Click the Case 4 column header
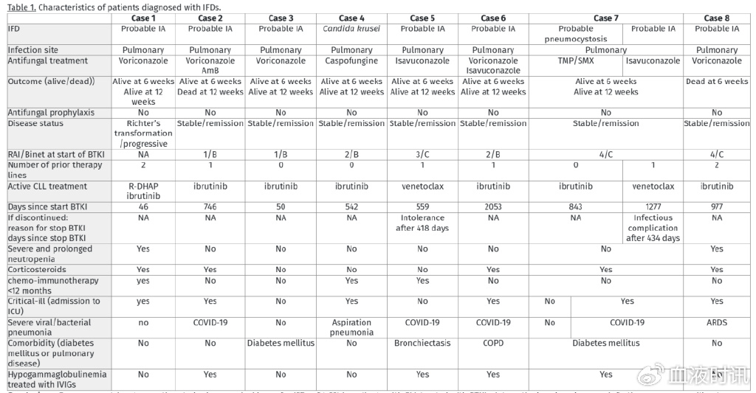tap(351, 18)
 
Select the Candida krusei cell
tap(351, 29)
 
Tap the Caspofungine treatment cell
tap(351, 61)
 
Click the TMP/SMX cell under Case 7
tap(576, 61)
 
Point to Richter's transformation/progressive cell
tap(143, 133)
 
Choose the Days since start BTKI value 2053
tap(493, 207)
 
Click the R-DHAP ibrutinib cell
tap(143, 192)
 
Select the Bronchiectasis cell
tap(422, 343)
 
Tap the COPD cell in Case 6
tap(493, 343)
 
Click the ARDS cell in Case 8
tap(717, 322)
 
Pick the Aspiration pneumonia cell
tap(351, 327)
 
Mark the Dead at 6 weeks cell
tap(717, 81)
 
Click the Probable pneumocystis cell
tap(576, 34)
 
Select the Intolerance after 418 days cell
tap(422, 223)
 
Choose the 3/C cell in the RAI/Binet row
tap(422, 154)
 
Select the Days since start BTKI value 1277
tap(653, 207)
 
